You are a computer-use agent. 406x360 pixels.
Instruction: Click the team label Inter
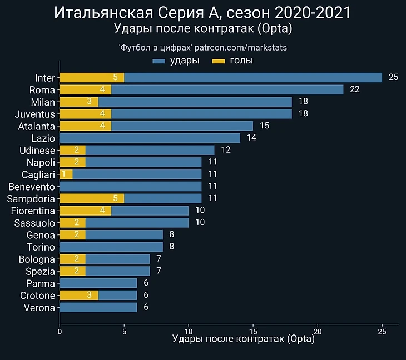point(45,78)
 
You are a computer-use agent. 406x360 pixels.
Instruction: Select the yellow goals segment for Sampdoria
point(92,198)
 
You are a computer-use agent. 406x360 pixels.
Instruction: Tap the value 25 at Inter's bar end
point(393,77)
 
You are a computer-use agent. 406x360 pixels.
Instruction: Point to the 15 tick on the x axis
point(253,331)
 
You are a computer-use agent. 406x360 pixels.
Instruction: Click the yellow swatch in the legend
point(219,61)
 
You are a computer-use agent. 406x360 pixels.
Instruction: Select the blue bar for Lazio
point(150,138)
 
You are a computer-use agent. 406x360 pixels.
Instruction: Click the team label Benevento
point(32,186)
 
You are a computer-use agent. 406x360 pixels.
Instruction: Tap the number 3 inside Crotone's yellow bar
point(90,295)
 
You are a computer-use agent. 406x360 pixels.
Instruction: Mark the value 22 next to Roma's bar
point(355,89)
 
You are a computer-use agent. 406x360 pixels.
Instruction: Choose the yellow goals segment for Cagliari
point(66,174)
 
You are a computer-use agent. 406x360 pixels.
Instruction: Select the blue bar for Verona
point(98,307)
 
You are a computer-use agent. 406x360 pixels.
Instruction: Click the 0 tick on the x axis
point(60,331)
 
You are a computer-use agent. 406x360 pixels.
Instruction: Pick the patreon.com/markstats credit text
point(240,48)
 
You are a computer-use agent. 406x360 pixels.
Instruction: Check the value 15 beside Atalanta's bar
point(264,126)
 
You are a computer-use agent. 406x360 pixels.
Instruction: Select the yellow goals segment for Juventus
point(85,114)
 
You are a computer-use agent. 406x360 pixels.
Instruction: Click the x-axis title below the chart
point(244,338)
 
